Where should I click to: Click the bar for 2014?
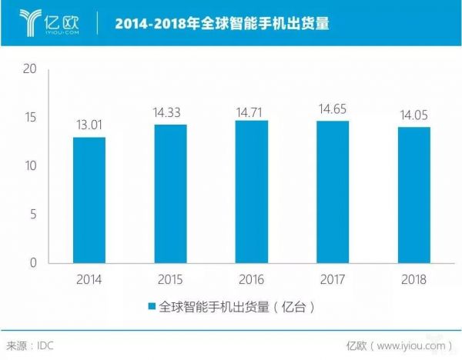(89, 200)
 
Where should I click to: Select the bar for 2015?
(170, 194)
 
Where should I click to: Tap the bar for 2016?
(252, 192)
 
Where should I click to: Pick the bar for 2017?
(333, 192)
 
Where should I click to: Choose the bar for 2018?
(414, 195)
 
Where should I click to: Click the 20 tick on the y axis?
(31, 68)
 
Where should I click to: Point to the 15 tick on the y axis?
(31, 117)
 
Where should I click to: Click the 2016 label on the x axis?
(252, 279)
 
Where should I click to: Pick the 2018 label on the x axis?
(414, 279)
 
